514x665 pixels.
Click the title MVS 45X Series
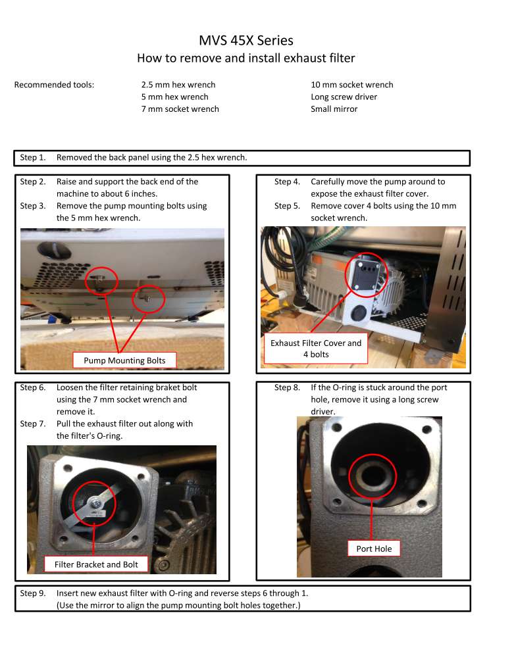[246, 40]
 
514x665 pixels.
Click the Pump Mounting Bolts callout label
[124, 360]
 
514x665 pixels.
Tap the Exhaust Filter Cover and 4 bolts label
[316, 349]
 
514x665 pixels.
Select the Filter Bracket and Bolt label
[96, 564]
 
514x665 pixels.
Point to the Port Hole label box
[374, 549]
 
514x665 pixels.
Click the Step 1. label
[33, 157]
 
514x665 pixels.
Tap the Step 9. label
[33, 593]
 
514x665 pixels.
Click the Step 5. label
[287, 206]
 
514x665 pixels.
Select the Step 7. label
[33, 424]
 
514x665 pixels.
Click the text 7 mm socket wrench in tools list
[180, 109]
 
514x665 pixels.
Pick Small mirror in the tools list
[334, 109]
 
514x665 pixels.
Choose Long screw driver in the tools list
[344, 97]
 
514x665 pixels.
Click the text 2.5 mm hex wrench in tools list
[178, 85]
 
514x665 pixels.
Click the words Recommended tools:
[54, 85]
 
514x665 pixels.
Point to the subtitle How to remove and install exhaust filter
[245, 58]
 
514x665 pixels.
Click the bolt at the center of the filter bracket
[94, 503]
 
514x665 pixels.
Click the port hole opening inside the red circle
[373, 474]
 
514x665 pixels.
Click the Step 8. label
[287, 387]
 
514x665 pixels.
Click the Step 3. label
[33, 206]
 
